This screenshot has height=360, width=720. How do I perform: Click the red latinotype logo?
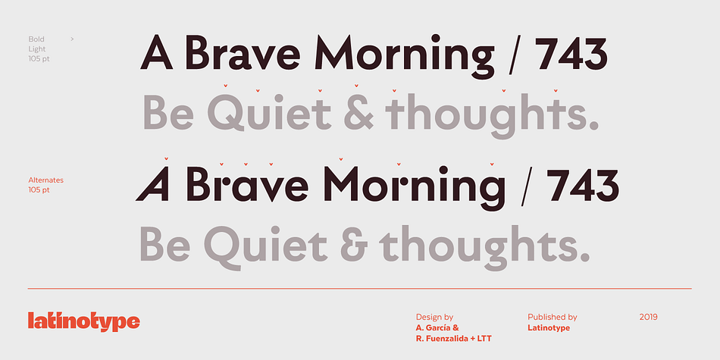point(83,321)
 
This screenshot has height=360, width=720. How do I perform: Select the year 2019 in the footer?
point(648,317)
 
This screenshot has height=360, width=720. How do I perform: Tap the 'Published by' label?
point(553,318)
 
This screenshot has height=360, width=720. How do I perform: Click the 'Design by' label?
point(434,318)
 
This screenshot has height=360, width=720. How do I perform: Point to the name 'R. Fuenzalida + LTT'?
point(453,339)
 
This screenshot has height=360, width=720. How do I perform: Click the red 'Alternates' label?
point(46,180)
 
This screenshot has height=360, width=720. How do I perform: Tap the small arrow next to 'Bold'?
point(72,39)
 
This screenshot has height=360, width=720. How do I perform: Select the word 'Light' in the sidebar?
point(36,49)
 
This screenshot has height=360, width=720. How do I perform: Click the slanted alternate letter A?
point(152,183)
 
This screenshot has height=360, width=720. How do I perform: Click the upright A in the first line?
point(157,52)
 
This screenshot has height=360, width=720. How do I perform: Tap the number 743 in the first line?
point(571,53)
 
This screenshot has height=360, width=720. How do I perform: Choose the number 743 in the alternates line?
point(582,184)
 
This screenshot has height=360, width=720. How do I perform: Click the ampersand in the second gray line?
point(358,112)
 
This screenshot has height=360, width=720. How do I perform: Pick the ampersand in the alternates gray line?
point(354,244)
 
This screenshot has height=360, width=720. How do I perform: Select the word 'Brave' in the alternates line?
point(248,184)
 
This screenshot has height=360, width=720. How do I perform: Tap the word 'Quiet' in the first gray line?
point(270,112)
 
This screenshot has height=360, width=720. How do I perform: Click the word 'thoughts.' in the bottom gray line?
point(485,246)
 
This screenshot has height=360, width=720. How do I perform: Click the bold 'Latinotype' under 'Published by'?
point(549,328)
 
